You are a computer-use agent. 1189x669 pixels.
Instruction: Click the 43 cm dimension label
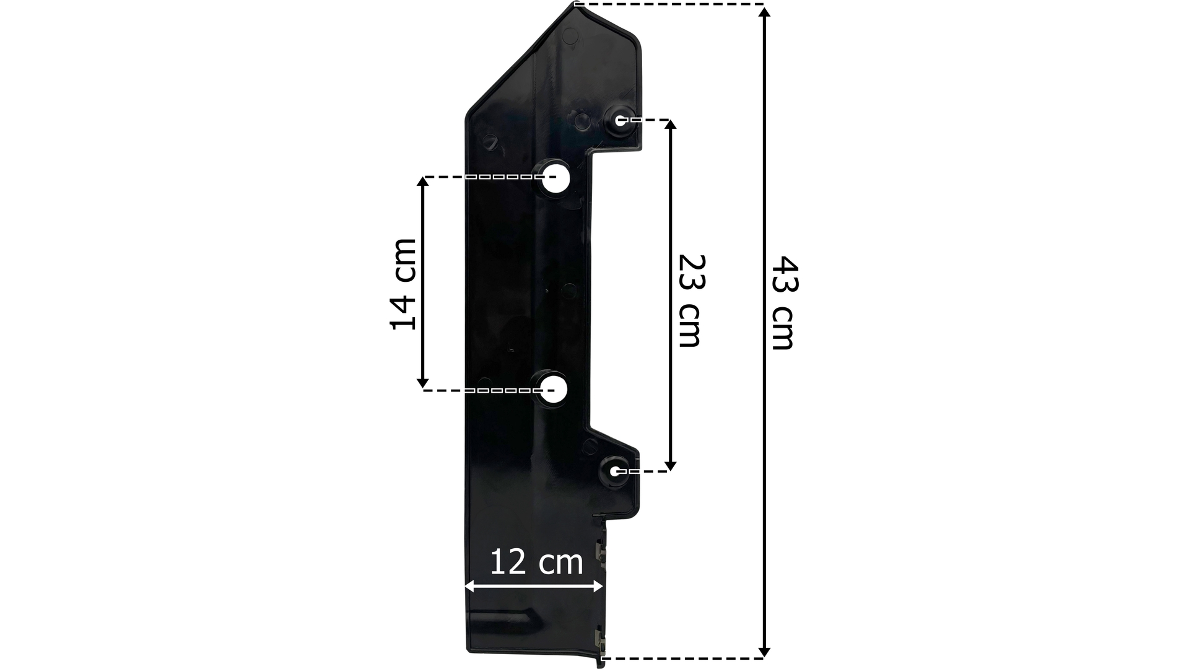pyautogui.click(x=784, y=303)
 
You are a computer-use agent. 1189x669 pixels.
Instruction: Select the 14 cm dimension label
pyautogui.click(x=403, y=284)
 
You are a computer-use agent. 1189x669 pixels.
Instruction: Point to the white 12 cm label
pyautogui.click(x=536, y=562)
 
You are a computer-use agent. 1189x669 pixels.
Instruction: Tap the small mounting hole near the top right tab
pyautogui.click(x=620, y=120)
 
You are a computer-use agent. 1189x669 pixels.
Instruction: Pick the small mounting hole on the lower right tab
pyautogui.click(x=614, y=471)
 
